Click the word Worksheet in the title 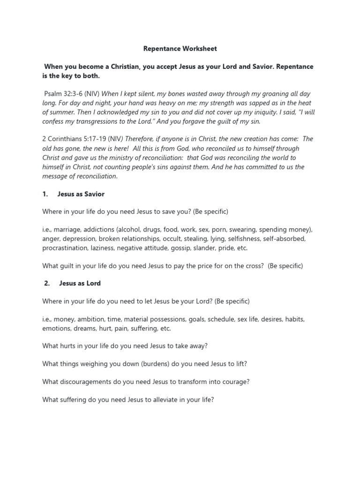[x=198, y=49]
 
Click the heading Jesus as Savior [x=81, y=194]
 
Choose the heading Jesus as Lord [x=80, y=283]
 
